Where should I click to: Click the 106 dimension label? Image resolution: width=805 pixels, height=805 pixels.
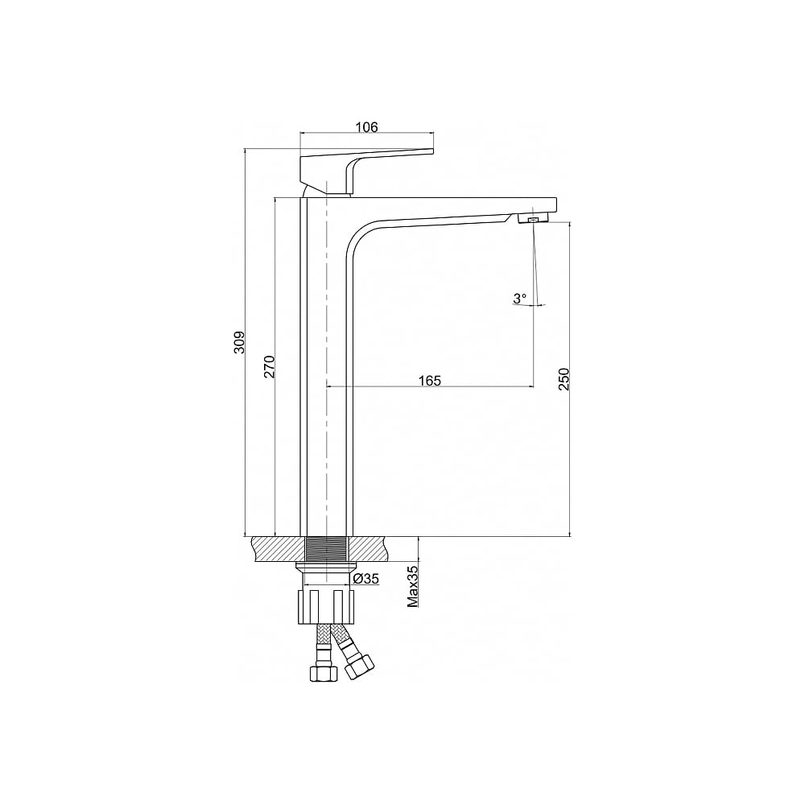click(366, 127)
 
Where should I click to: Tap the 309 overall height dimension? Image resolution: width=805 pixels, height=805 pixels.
click(239, 342)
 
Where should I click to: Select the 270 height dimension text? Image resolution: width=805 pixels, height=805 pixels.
click(270, 366)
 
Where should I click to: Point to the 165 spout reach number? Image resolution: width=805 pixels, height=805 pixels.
click(430, 381)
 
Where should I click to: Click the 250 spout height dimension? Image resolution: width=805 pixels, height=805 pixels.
click(563, 379)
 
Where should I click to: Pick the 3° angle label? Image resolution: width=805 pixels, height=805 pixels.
click(519, 298)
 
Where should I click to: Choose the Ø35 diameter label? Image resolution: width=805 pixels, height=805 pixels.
click(366, 579)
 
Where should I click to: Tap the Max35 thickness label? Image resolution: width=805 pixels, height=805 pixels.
click(413, 586)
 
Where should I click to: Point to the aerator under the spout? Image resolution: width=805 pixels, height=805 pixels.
click(534, 219)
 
